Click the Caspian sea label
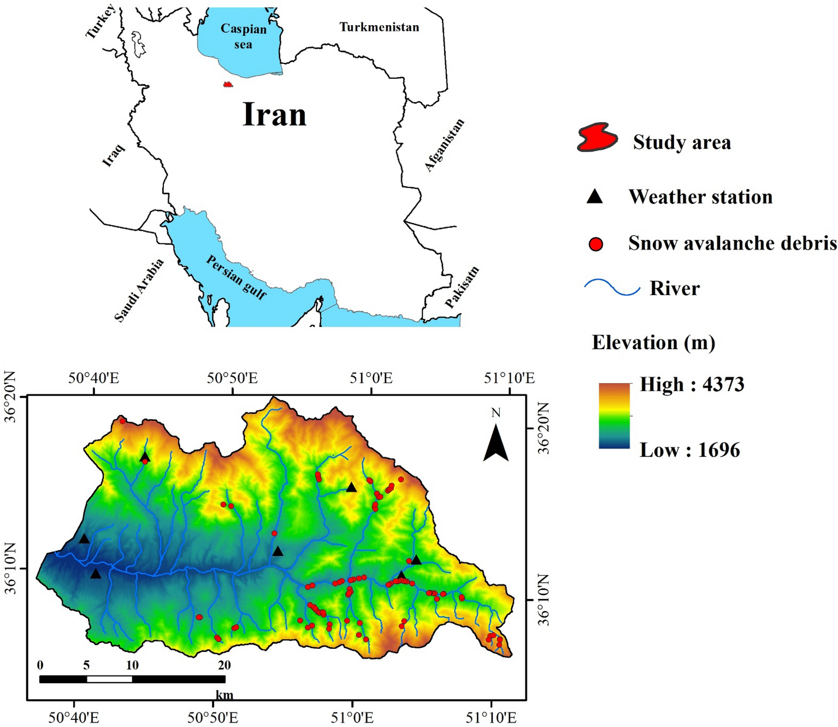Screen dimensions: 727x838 pos(243,37)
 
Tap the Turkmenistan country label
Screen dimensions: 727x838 pos(379,27)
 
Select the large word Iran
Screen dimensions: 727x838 pos(274,114)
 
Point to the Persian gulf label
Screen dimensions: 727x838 pos(237,277)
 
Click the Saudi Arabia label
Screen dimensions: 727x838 pos(139,290)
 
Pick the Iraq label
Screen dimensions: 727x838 pos(114,155)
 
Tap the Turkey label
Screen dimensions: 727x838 pos(101,22)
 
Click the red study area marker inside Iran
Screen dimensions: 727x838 pos(228,85)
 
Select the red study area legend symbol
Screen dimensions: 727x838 pos(597,137)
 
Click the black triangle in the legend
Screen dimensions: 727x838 pos(594,197)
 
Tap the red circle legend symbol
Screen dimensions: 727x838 pos(595,244)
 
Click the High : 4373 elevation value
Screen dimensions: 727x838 pos(692,384)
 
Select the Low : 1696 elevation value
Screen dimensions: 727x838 pos(689,450)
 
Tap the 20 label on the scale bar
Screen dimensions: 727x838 pos(224,665)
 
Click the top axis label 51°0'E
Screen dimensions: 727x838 pos(371,378)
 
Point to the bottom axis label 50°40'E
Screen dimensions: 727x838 pos(73,717)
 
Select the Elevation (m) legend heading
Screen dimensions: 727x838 pos(653,343)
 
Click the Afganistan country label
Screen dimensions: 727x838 pos(445,145)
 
